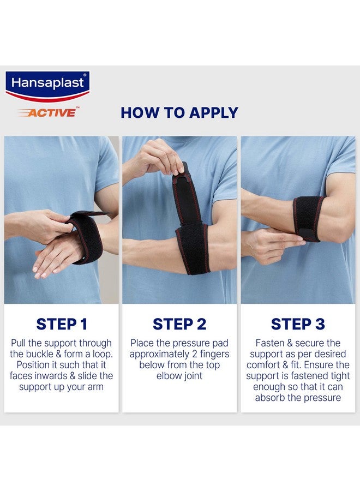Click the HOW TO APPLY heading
tap(179, 113)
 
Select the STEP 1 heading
tap(62, 324)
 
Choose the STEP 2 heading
tap(179, 324)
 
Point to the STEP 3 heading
tap(298, 324)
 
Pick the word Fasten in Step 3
tap(269, 343)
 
